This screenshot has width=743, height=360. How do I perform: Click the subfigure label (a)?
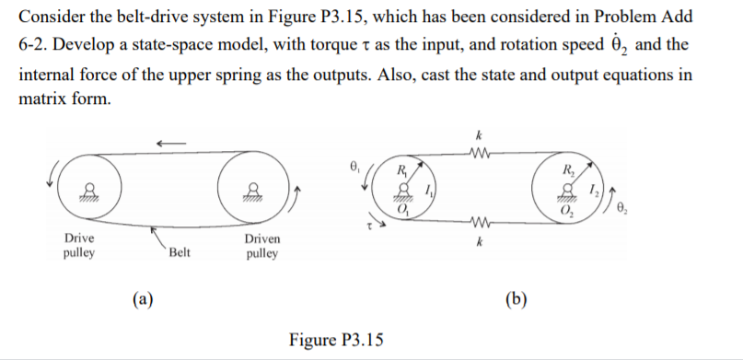tap(142, 296)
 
